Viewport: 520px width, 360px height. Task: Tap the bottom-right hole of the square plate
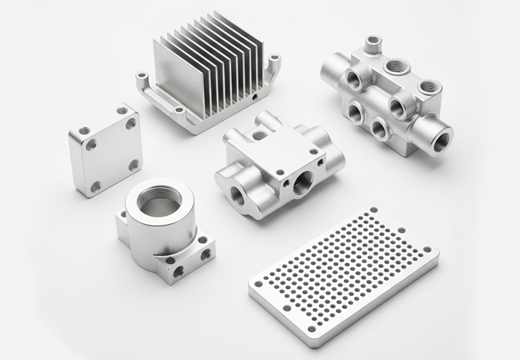click(134, 164)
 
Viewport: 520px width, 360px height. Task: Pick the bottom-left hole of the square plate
click(95, 186)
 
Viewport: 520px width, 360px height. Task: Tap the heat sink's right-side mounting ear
click(274, 61)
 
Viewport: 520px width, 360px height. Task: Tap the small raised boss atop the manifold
click(371, 41)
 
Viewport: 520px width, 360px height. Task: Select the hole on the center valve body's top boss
click(261, 135)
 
